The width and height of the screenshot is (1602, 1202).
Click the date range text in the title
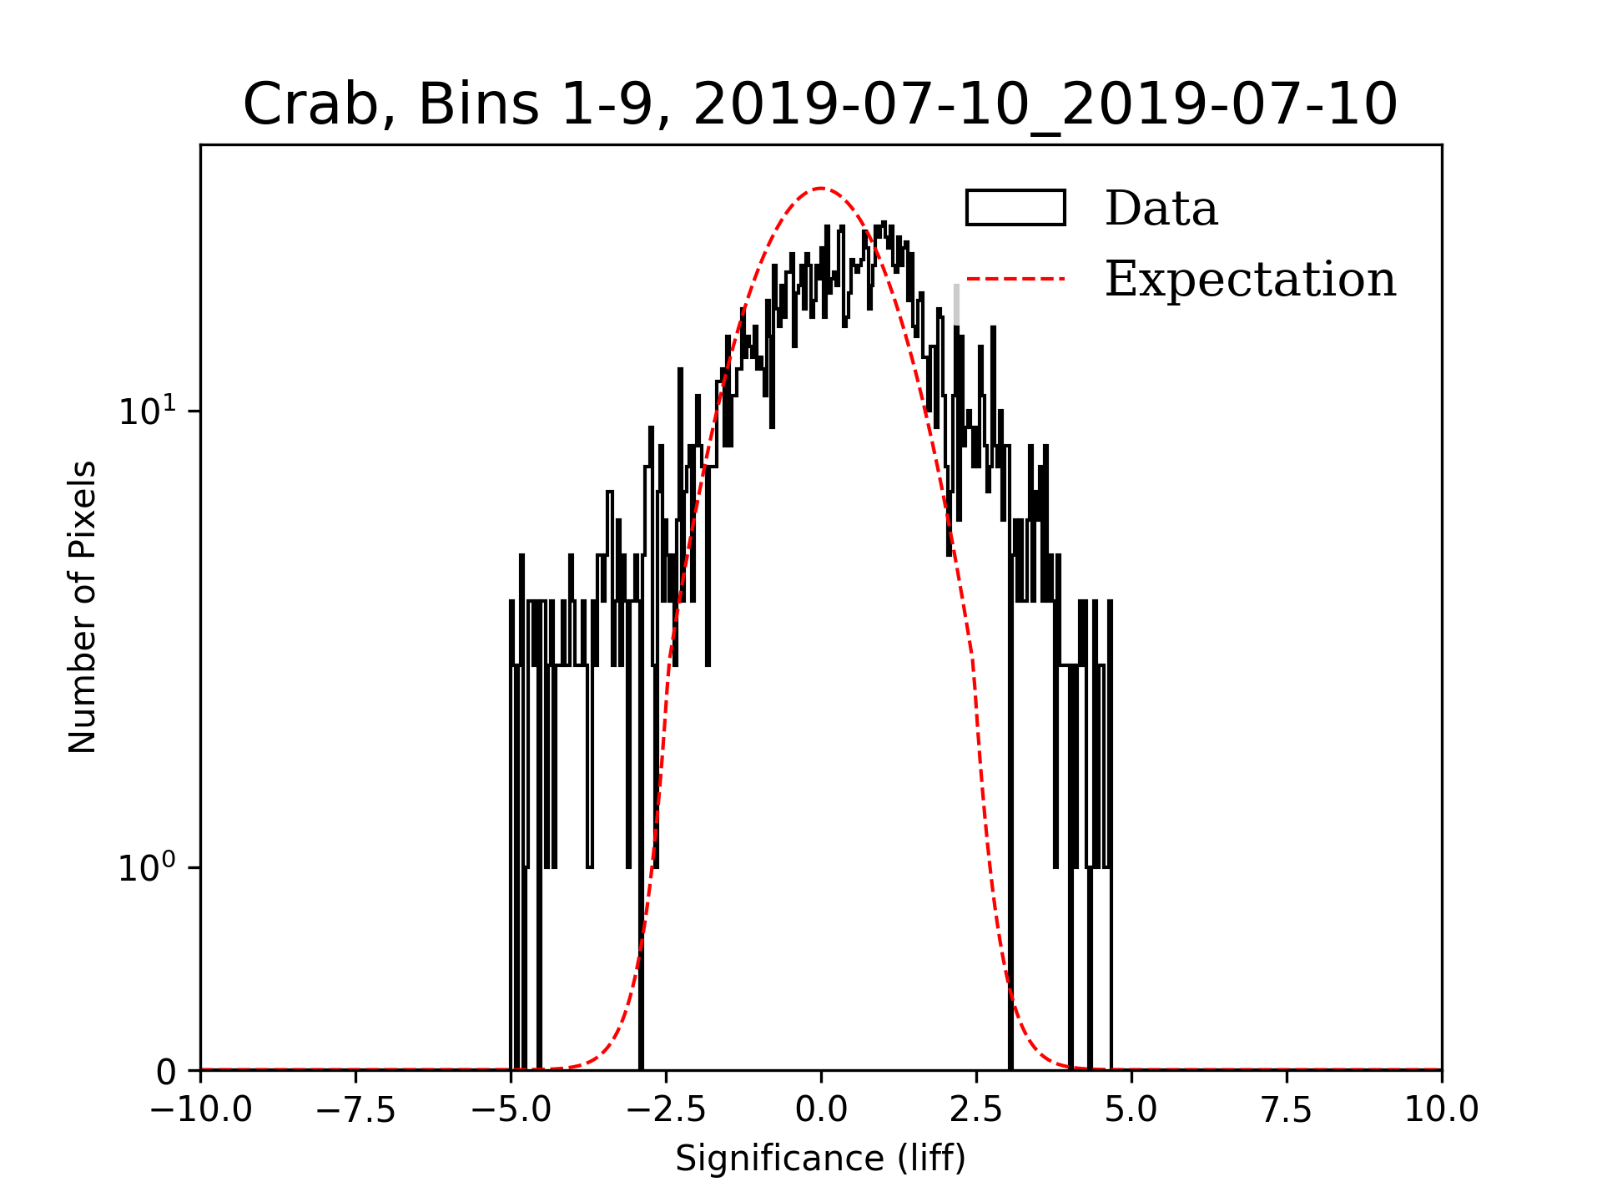pos(1045,105)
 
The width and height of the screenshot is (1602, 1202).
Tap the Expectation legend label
pos(1250,279)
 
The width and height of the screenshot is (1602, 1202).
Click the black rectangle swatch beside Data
pos(1015,208)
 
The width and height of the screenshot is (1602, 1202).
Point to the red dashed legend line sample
pos(1015,279)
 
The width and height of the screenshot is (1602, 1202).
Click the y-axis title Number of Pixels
pos(83,607)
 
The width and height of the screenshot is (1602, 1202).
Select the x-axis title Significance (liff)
pos(820,1159)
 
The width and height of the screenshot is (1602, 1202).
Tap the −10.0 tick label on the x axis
pos(200,1110)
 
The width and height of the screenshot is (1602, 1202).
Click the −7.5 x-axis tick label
pos(355,1110)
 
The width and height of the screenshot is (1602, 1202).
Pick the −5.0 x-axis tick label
pos(511,1110)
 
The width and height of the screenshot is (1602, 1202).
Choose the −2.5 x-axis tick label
pos(666,1110)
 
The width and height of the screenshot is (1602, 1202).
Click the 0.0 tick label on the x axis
pos(821,1110)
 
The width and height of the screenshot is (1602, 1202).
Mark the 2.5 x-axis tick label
pos(976,1110)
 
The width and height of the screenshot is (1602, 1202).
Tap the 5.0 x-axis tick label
pos(1131,1110)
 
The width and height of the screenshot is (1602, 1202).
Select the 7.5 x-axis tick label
pos(1287,1110)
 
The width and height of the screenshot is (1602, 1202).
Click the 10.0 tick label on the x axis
pos(1442,1110)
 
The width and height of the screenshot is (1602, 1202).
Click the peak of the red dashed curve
pos(821,189)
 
